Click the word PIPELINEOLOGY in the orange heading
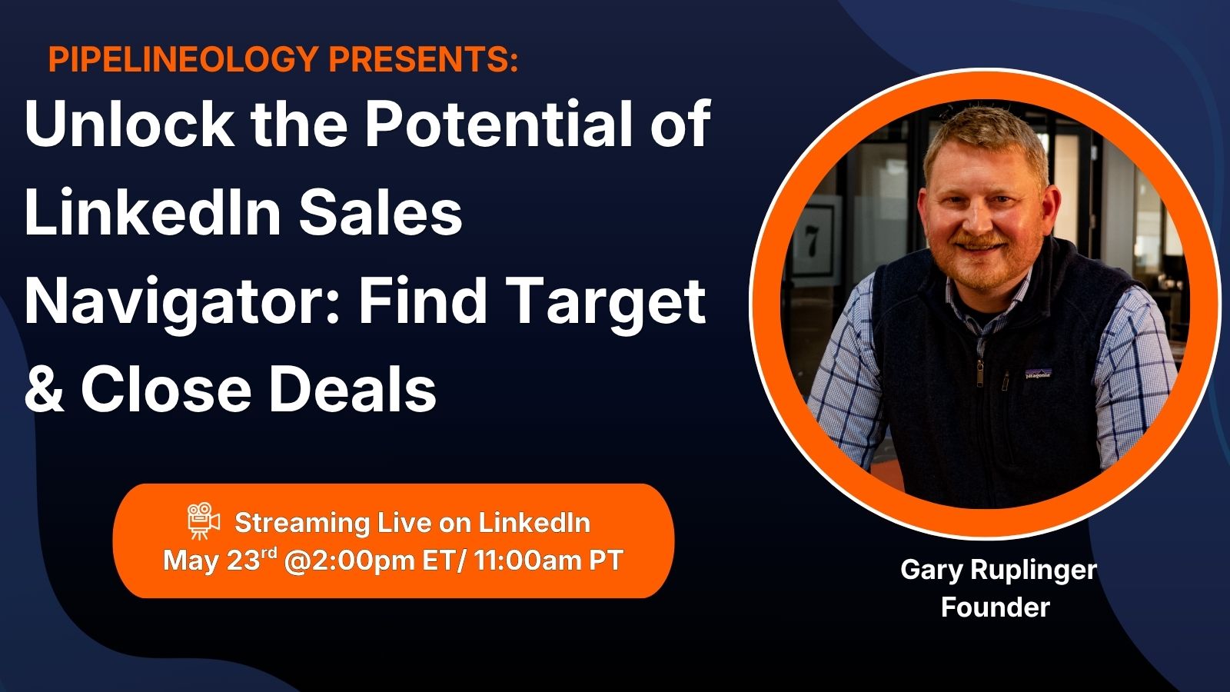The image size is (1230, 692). point(184,58)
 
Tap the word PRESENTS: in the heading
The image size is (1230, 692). point(424,58)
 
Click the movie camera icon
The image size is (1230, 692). point(203,521)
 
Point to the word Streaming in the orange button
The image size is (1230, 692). point(302,524)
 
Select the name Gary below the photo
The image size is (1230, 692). point(932,571)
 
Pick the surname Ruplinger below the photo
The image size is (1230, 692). point(1033,571)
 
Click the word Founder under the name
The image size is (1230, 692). point(995,607)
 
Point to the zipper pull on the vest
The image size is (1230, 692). point(979,374)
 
